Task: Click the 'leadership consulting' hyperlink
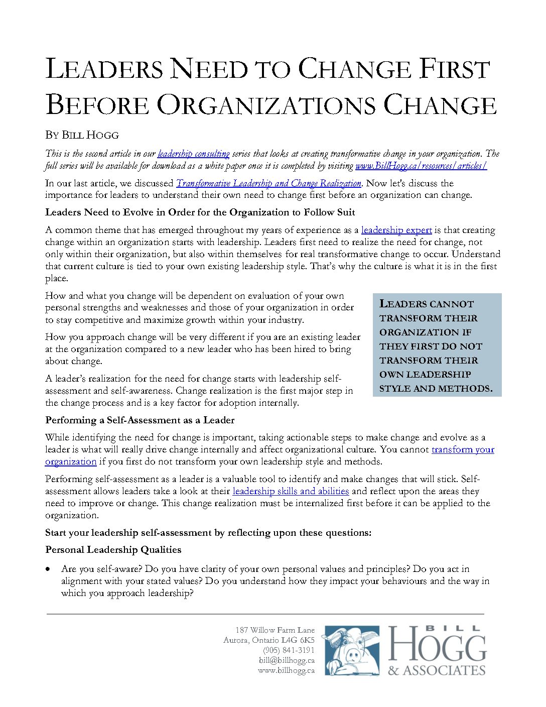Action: click(193, 154)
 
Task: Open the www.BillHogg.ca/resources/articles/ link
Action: click(421, 166)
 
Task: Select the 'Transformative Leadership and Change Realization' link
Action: click(268, 183)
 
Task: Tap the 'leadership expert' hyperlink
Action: click(396, 230)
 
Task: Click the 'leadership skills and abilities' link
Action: click(291, 491)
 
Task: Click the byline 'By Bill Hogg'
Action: click(82, 135)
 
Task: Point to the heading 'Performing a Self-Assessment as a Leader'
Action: click(140, 420)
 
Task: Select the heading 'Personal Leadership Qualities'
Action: click(113, 550)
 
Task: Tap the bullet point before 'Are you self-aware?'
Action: click(48, 569)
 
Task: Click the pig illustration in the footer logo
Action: click(352, 651)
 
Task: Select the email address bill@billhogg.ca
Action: click(287, 660)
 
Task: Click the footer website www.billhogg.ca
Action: click(286, 670)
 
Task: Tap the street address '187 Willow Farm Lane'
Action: click(275, 630)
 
